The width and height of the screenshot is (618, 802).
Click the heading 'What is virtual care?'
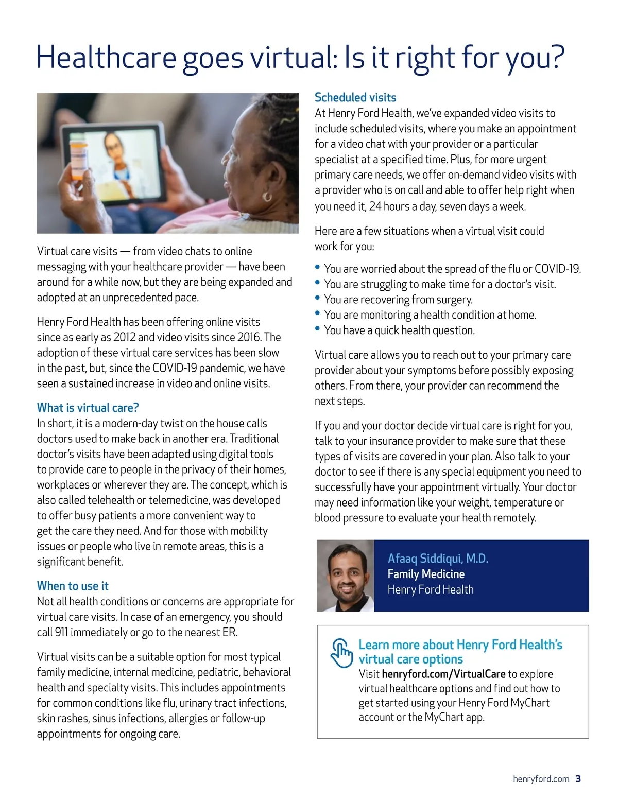pos(88,408)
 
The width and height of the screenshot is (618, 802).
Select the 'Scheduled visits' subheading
pos(355,97)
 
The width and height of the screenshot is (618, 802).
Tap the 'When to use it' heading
pos(73,586)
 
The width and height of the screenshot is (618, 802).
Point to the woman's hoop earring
pos(267,196)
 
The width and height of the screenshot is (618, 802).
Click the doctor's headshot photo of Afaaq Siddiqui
pos(346,576)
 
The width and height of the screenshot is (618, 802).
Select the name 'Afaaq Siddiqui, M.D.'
pos(438,559)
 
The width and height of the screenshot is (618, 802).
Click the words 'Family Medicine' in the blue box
pos(426,574)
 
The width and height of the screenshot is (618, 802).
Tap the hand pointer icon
pos(341,653)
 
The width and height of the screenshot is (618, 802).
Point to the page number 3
pos(578,779)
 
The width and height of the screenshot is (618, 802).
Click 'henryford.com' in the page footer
pos(541,779)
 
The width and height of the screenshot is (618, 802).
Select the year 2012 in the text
pos(124,337)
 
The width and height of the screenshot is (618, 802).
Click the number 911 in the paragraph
pos(61,632)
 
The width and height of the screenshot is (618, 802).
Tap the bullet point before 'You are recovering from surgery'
pos(318,298)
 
